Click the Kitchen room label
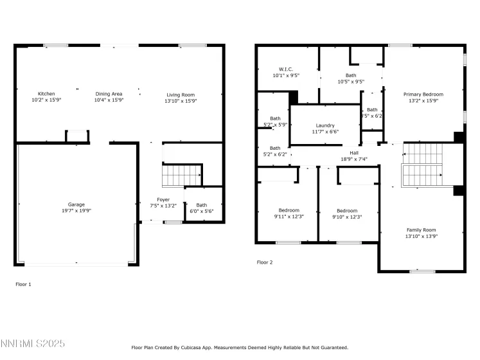[46, 94]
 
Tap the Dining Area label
[109, 94]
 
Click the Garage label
[76, 204]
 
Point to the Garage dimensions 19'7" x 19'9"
[76, 211]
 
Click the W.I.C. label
[286, 69]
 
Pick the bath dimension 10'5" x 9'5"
[351, 82]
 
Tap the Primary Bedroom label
[423, 94]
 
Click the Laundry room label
[325, 125]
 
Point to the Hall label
[354, 152]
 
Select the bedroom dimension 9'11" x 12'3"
[289, 217]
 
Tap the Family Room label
[421, 230]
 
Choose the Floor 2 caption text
[265, 262]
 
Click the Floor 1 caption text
[23, 283]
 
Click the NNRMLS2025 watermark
[33, 345]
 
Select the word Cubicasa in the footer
[197, 347]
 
